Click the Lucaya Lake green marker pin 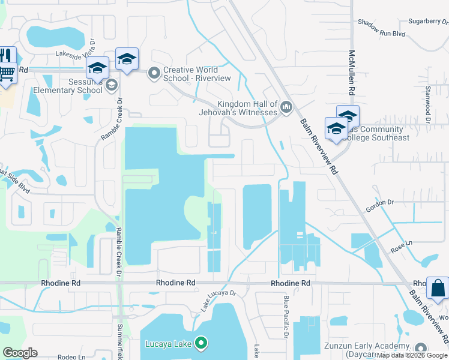201,344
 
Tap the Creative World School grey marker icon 154,74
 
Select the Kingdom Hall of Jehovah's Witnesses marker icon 286,108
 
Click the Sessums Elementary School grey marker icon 111,86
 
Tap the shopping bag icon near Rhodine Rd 438,288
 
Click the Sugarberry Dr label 424,20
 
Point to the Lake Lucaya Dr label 218,302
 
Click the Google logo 20,353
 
